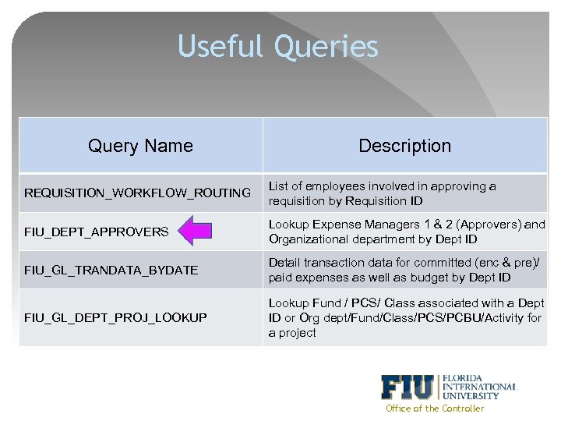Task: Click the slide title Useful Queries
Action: [x=278, y=46]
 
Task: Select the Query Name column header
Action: [x=140, y=146]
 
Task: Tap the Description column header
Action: [x=404, y=146]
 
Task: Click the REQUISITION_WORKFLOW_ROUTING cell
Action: [x=138, y=193]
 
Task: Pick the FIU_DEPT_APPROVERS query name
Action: [x=96, y=232]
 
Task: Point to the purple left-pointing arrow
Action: [x=194, y=232]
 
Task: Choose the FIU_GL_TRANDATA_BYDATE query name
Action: [x=111, y=270]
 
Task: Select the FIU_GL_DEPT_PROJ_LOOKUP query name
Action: [x=115, y=317]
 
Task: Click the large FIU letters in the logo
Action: [x=408, y=387]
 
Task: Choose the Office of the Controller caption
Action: [x=435, y=409]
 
